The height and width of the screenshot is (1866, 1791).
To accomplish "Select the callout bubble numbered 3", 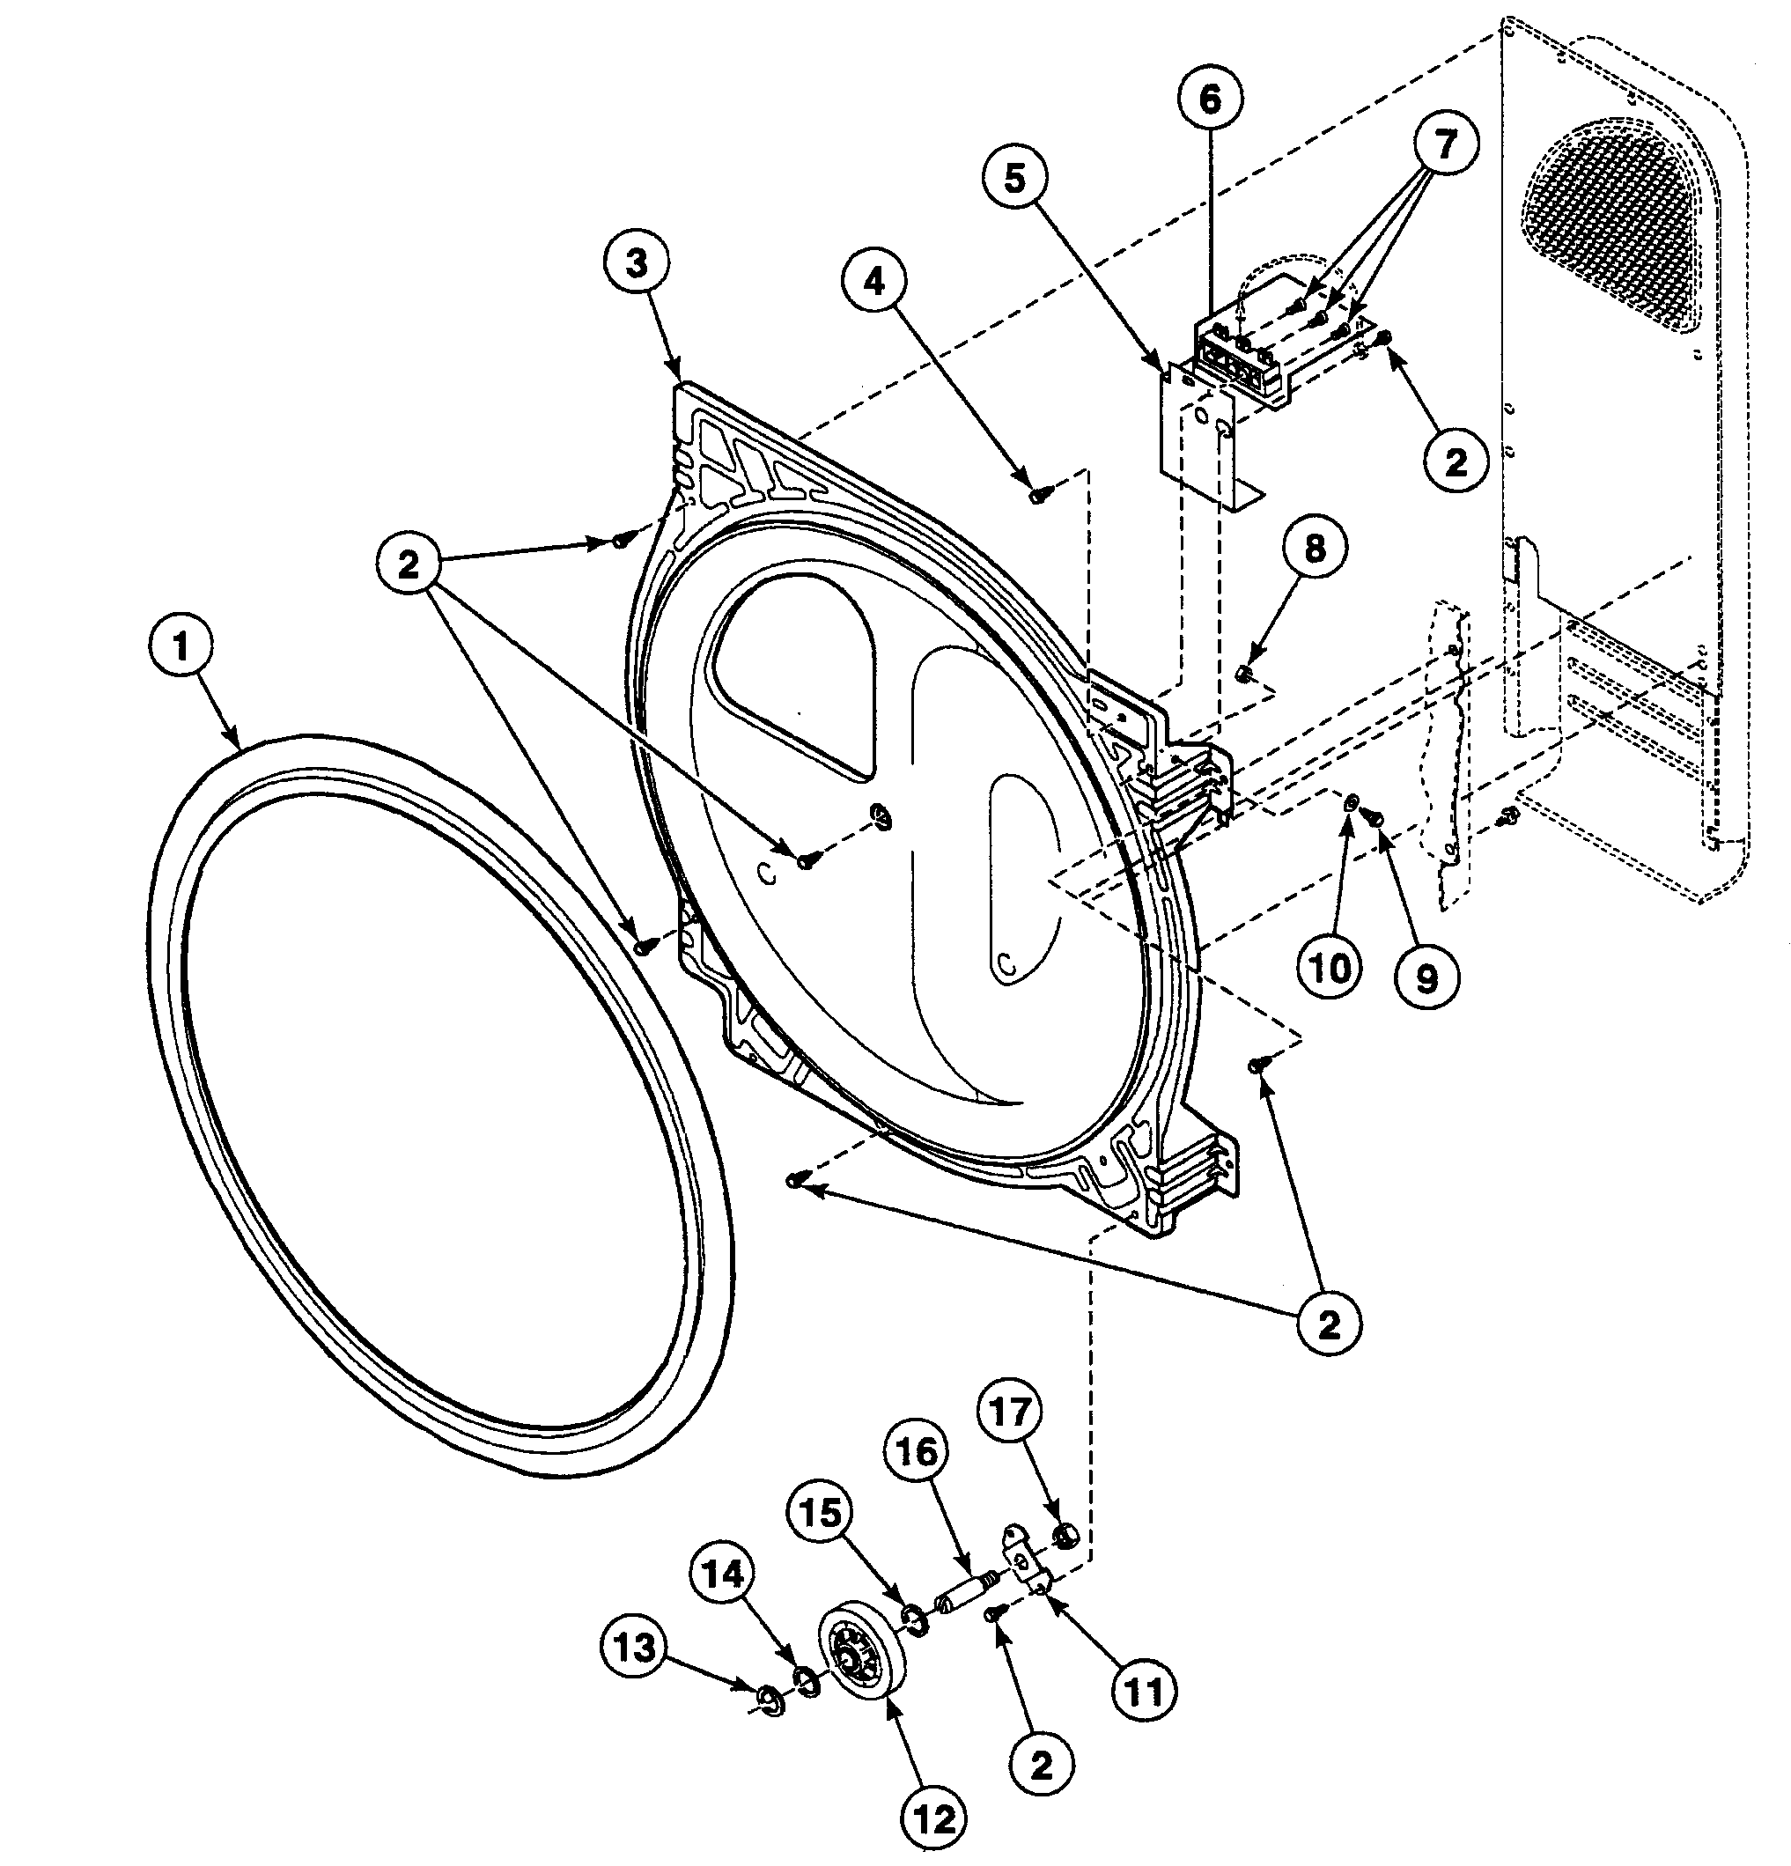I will pyautogui.click(x=636, y=263).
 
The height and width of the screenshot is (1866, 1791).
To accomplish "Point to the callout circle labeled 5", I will pyautogui.click(x=1016, y=178).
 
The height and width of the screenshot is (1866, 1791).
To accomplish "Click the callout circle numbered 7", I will pyautogui.click(x=1445, y=145).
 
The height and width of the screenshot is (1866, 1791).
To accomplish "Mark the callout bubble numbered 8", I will pyautogui.click(x=1314, y=549).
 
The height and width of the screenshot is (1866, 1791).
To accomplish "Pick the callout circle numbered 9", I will pyautogui.click(x=1426, y=977).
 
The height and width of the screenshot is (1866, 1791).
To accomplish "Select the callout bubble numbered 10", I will pyautogui.click(x=1330, y=970).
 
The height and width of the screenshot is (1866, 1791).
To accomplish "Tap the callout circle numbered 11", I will pyautogui.click(x=1144, y=1691).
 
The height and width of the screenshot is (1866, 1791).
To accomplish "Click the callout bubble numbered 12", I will pyautogui.click(x=934, y=1819).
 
